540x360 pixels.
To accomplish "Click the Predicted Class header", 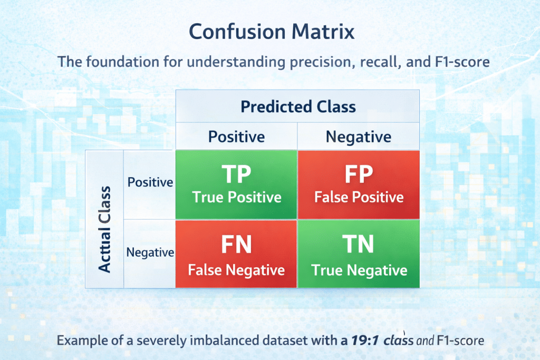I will point(298,107).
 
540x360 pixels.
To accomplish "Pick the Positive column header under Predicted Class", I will point(236,137).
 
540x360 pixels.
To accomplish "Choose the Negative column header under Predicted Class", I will point(359,137).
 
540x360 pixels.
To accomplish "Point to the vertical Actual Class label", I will point(105,229).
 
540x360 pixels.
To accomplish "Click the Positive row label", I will point(150,182).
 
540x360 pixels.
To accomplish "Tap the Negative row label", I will point(150,252).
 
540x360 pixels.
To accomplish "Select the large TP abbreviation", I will point(236,174).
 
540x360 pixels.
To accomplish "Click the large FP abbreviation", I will point(359,174).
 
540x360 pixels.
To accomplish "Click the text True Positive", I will point(236,198).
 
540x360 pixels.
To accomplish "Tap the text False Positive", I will point(359,198).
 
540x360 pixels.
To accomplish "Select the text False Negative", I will point(236,270).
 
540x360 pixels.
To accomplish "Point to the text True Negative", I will point(359,270).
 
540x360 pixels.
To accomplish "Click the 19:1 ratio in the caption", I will point(364,340).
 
